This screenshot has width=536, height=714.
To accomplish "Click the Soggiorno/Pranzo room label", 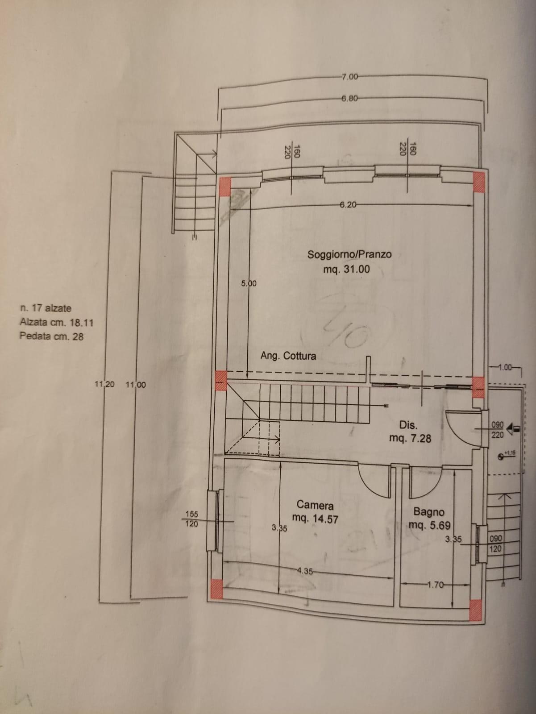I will [349, 254].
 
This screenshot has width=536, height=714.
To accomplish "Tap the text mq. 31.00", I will [347, 269].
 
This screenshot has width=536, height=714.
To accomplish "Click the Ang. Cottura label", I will [288, 356].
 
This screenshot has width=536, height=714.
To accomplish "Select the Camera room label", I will [315, 505].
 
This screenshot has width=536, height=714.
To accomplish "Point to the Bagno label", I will [428, 511].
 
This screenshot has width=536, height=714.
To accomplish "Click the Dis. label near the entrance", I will [409, 425].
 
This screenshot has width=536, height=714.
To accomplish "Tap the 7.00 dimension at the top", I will [349, 77].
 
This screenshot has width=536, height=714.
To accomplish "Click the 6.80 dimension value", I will [349, 99].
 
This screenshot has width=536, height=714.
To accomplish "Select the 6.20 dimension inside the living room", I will [348, 205].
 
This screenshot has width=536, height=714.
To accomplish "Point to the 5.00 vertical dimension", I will [249, 283].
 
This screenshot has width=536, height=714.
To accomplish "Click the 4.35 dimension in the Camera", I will [305, 570].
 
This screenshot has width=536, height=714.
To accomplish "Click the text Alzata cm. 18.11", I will [56, 322].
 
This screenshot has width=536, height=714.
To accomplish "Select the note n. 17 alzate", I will [46, 308].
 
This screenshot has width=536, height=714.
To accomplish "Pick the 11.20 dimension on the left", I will [105, 384].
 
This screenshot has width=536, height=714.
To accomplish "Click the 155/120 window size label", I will [192, 519].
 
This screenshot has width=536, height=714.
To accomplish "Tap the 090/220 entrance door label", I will [497, 430].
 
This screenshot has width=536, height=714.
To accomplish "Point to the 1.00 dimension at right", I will [505, 368].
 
